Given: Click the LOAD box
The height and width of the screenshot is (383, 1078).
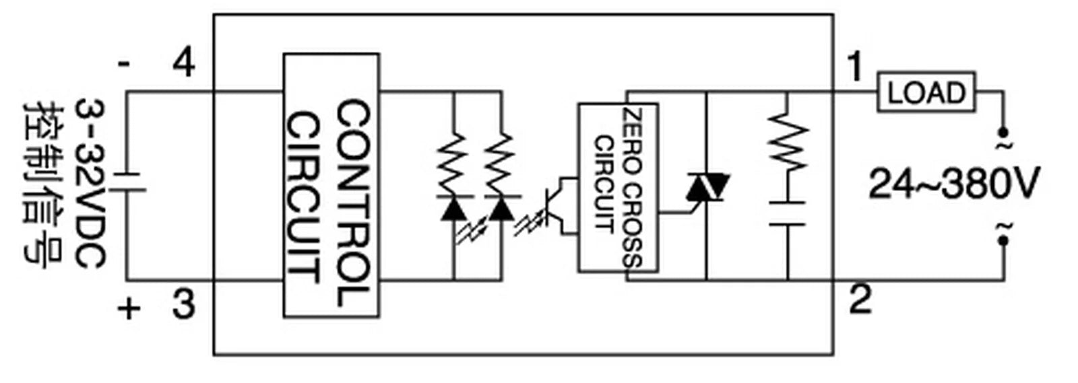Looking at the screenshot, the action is tap(926, 92).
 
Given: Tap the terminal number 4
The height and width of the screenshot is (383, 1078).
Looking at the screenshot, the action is tap(184, 63).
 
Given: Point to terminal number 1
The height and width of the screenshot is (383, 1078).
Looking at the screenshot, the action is tap(855, 67).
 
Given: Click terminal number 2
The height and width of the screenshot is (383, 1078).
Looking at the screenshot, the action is tap(860, 299).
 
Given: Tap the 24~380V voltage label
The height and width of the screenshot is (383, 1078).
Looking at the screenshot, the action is tap(955, 183).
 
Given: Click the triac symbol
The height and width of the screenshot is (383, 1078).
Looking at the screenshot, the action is tap(707, 187).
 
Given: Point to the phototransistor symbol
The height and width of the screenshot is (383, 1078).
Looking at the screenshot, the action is tap(559, 207).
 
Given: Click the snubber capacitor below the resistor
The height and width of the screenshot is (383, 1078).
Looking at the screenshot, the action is tap(788, 213).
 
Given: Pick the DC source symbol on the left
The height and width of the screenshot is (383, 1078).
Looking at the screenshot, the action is tap(127, 182).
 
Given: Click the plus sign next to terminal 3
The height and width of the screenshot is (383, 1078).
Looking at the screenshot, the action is tap(129, 308).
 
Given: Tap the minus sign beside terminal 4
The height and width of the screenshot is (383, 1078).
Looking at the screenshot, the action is tap(124, 65).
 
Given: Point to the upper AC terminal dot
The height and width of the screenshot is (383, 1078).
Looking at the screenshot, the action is tap(1004, 132).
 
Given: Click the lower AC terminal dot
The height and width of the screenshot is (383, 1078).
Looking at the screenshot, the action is tap(1004, 240).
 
